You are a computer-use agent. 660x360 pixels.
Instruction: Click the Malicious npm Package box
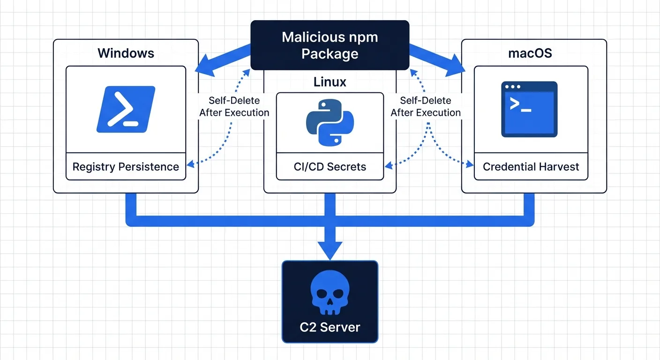pyautogui.click(x=330, y=45)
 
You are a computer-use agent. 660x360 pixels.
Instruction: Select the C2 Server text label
pyautogui.click(x=330, y=327)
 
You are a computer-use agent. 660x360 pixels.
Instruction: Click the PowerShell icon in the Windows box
pyautogui.click(x=126, y=109)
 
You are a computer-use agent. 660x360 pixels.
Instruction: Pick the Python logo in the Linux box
pyautogui.click(x=330, y=122)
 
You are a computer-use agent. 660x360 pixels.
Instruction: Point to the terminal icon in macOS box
pyautogui.click(x=529, y=109)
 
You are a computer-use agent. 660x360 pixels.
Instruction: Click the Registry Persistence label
pyautogui.click(x=126, y=167)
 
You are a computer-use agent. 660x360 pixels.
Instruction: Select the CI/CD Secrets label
pyautogui.click(x=330, y=167)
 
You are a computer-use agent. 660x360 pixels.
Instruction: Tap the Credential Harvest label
pyautogui.click(x=531, y=167)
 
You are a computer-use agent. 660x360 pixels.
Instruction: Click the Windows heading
pyautogui.click(x=126, y=53)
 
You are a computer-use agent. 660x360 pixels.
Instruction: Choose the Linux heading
pyautogui.click(x=330, y=82)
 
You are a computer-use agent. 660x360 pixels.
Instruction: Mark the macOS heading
pyautogui.click(x=530, y=53)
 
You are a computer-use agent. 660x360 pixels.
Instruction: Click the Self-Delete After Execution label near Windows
pyautogui.click(x=234, y=106)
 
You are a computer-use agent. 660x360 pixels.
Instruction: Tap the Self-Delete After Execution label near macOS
pyautogui.click(x=425, y=106)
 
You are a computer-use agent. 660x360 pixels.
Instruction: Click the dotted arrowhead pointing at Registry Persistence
pyautogui.click(x=190, y=164)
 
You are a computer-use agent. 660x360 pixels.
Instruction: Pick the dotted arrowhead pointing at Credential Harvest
pyautogui.click(x=470, y=164)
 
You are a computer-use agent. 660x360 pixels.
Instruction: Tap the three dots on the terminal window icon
pyautogui.click(x=512, y=87)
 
